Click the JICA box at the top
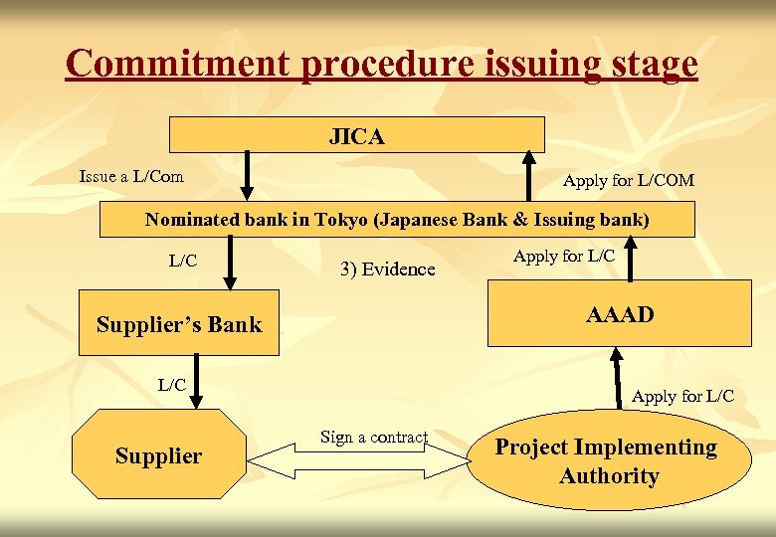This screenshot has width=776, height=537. click(x=356, y=135)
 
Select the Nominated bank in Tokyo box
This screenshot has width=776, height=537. click(x=396, y=220)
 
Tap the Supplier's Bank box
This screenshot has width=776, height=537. click(x=179, y=325)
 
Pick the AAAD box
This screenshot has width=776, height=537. click(x=619, y=313)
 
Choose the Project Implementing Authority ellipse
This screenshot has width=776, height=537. click(x=606, y=461)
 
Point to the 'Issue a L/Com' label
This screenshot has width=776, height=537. click(x=131, y=176)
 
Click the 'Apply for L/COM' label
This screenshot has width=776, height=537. click(x=628, y=180)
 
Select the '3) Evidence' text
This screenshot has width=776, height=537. click(x=388, y=268)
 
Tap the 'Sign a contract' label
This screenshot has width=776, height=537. click(x=374, y=438)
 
